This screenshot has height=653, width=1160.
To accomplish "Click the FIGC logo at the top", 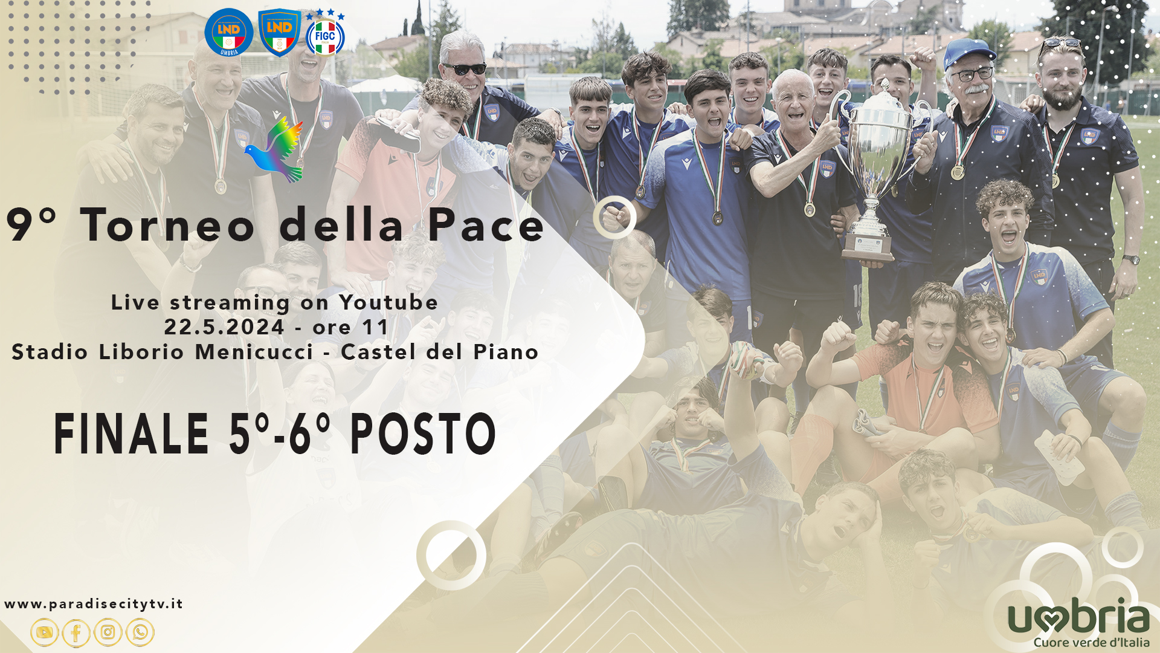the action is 325,33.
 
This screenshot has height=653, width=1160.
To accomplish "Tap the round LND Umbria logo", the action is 228,33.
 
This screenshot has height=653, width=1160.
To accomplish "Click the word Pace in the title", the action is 486,225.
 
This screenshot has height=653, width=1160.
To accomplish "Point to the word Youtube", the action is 388,302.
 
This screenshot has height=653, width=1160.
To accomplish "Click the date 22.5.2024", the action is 224,327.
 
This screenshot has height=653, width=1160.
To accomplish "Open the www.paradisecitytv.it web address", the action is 94,604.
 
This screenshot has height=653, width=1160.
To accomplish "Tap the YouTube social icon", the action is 45,632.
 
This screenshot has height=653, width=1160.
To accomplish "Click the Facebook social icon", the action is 76,632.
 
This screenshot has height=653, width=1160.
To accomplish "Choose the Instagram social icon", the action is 108,632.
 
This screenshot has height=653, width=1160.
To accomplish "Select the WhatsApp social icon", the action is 140,632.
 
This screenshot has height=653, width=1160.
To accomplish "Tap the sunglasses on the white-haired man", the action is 464,69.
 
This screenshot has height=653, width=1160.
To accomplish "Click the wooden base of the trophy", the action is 868,247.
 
